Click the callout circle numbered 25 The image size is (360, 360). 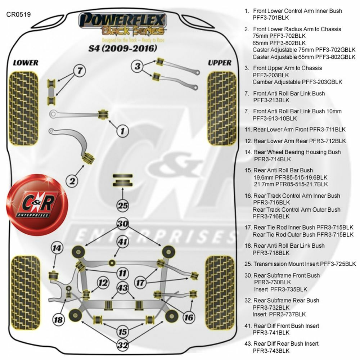pyautogui.click(x=123, y=206)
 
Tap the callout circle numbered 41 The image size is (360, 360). pyautogui.click(x=123, y=242)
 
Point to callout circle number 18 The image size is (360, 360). pyautogui.click(x=58, y=319)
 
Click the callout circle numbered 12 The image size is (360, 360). pyautogui.click(x=103, y=283)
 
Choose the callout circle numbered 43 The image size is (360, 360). pyautogui.click(x=123, y=288)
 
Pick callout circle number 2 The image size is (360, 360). pyautogui.click(x=72, y=181)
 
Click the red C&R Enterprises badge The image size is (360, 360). pyautogui.click(x=37, y=205)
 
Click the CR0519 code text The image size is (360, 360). pyautogui.click(x=18, y=15)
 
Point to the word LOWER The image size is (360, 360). pyautogui.click(x=26, y=63)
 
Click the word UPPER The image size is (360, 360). pyautogui.click(x=220, y=63)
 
